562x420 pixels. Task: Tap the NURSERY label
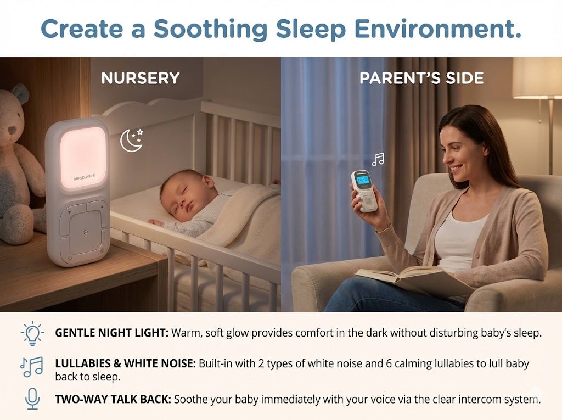[140, 78]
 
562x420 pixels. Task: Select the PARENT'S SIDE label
[421, 78]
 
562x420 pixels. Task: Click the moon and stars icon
[132, 140]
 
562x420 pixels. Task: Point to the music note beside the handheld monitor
[378, 159]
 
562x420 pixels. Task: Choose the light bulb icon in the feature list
[32, 333]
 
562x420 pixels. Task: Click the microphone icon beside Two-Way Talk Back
[32, 399]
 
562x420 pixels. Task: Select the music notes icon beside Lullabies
[31, 367]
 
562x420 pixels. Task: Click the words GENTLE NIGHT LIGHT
[111, 333]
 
